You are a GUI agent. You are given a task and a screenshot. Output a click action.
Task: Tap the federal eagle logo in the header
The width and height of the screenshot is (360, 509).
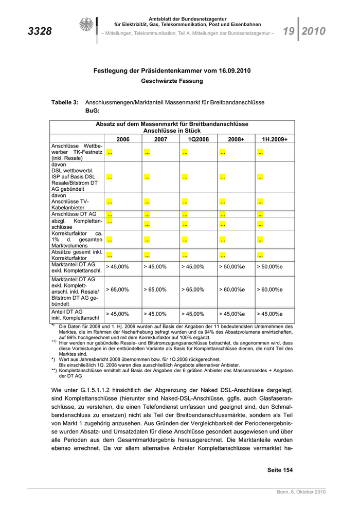pyautogui.click(x=85, y=26)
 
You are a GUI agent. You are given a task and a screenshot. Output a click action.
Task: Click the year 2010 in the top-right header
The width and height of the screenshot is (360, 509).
pyautogui.click(x=313, y=31)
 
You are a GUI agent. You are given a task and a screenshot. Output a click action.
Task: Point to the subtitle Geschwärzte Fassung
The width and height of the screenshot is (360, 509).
pyautogui.click(x=172, y=81)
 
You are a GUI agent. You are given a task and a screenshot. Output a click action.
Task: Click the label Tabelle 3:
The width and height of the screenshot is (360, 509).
pyautogui.click(x=65, y=103)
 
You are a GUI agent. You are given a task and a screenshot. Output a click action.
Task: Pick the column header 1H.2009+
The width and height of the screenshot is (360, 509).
pyautogui.click(x=275, y=139)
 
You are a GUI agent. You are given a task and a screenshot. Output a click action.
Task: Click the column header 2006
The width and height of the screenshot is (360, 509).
pyautogui.click(x=123, y=139)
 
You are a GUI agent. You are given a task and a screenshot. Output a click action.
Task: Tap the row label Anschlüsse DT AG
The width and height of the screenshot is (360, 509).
pyautogui.click(x=74, y=214)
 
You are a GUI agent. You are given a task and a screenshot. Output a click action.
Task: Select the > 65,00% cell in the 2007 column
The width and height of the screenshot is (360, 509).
pyautogui.click(x=155, y=289)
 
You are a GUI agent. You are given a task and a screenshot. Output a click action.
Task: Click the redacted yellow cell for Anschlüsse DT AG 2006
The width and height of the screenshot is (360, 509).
pyautogui.click(x=110, y=214)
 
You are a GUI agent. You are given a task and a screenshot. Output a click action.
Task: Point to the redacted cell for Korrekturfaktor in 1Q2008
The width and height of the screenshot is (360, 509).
pyautogui.click(x=185, y=239)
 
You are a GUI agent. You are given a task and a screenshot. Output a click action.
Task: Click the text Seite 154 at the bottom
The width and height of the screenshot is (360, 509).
pyautogui.click(x=280, y=470)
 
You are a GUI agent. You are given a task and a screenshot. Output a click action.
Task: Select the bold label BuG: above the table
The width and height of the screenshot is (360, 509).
pyautogui.click(x=92, y=111)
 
